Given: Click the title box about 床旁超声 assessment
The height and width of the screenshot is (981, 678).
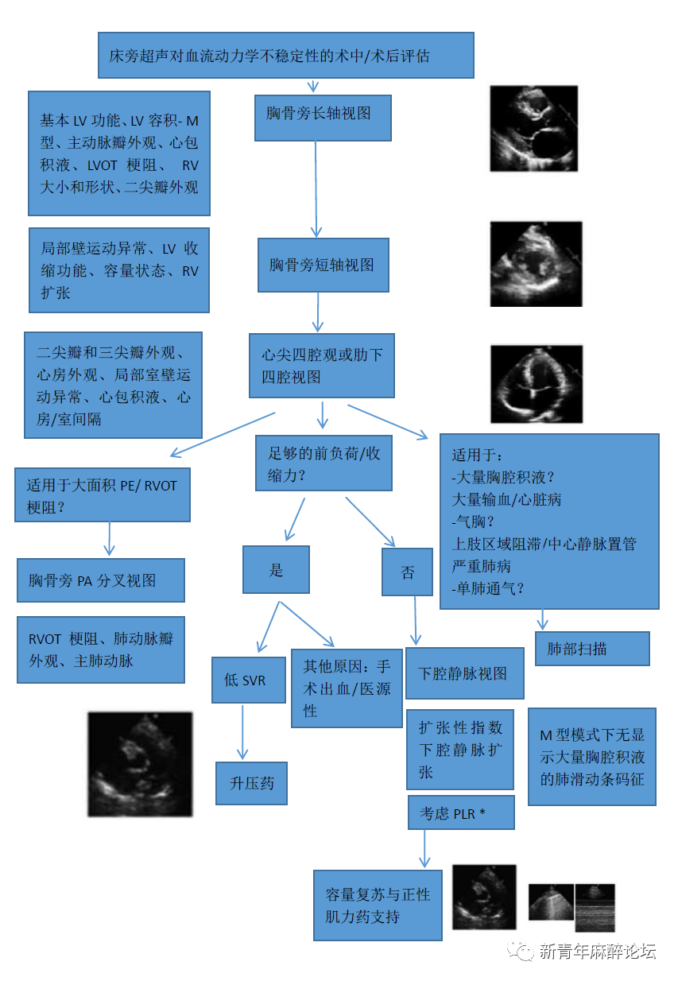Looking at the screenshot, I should tap(286, 56).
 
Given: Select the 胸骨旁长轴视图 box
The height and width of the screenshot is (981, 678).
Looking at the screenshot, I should tap(323, 118).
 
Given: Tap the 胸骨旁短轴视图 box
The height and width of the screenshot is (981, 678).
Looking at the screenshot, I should tap(323, 265).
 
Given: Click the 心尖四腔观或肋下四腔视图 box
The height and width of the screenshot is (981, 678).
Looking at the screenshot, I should tap(322, 365).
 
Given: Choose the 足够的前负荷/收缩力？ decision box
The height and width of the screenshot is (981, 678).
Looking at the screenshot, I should tap(324, 463).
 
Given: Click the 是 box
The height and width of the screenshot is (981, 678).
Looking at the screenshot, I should tap(276, 569).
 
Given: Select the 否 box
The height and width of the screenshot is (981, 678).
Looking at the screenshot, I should tap(408, 572).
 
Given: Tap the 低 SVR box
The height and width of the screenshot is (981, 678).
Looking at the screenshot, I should tap(248, 680).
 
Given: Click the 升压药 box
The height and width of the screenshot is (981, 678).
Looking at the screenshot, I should tap(251, 783).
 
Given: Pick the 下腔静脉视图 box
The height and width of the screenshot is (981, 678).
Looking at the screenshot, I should tap(465, 673).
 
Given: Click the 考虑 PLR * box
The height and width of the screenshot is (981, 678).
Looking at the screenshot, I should tap(461, 812).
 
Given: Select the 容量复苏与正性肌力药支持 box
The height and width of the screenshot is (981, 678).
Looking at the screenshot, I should tap(378, 905).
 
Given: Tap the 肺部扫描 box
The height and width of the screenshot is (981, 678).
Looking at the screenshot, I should tap(592, 648).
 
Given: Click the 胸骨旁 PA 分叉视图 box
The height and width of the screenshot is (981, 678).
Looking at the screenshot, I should tap(101, 580).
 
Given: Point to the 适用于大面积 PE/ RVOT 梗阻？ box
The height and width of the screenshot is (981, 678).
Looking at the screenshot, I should tap(103, 495).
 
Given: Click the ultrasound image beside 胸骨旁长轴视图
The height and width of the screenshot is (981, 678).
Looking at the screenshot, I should tap(533, 128).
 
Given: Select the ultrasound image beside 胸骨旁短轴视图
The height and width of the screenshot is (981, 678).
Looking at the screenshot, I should tap(536, 264).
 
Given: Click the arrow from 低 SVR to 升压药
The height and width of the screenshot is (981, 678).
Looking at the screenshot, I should tap(243, 731).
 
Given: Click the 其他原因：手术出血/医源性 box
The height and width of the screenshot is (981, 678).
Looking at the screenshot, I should tap(347, 688).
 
